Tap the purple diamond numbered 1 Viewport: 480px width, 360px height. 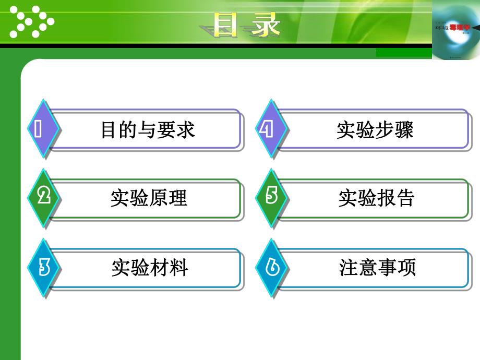[42, 128]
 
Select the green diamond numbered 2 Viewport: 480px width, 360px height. [43, 197]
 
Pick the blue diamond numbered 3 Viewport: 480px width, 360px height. [43, 267]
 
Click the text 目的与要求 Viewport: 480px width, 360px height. [148, 130]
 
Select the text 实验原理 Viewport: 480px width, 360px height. [149, 199]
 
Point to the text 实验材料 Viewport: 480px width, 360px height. [149, 268]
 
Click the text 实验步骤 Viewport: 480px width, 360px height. [375, 130]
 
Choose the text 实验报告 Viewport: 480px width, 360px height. [377, 199]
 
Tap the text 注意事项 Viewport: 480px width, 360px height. [377, 268]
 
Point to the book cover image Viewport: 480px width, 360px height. [455, 30]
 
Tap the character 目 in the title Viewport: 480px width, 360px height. [227, 25]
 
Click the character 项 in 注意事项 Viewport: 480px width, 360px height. [407, 268]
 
